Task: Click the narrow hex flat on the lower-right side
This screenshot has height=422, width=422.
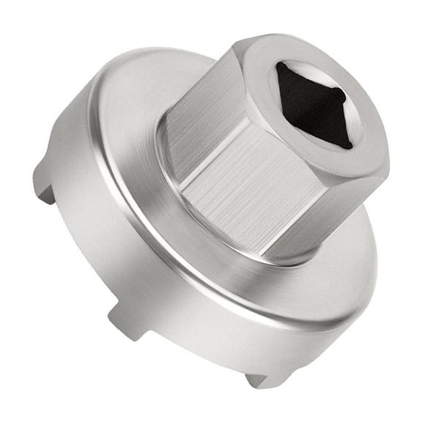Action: point(344,212)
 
